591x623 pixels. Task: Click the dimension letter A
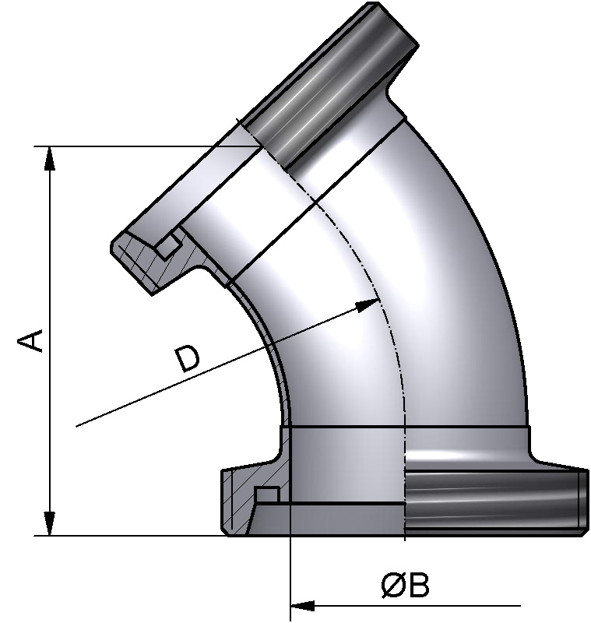coord(30,340)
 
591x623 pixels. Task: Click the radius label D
coord(187,359)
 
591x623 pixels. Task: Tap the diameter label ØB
coord(405,586)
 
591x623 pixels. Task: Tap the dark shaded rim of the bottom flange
coord(491,502)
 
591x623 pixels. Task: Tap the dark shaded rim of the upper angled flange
coord(335,86)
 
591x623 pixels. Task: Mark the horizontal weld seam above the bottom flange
coord(405,428)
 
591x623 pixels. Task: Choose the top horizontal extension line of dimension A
coord(140,146)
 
